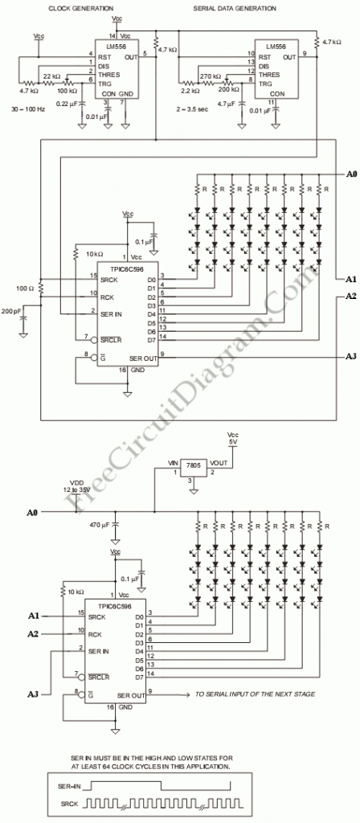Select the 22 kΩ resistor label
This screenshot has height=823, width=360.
(x=51, y=76)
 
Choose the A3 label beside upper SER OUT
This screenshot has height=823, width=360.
(x=350, y=355)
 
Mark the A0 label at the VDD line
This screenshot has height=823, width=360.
(x=32, y=512)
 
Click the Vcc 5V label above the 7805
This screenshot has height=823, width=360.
(x=233, y=440)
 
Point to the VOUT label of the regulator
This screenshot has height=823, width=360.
(x=219, y=464)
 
